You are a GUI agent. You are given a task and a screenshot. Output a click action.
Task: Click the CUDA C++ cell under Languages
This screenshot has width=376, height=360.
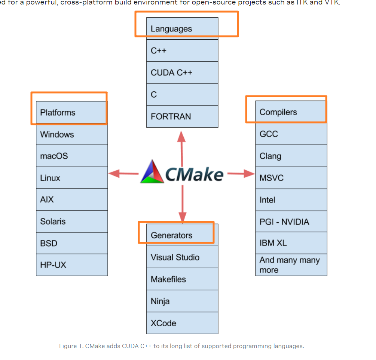point(182,73)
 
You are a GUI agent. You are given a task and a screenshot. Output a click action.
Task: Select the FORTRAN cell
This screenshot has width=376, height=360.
point(182,116)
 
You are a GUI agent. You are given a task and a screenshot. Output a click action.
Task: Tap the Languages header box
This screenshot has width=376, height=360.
point(182,28)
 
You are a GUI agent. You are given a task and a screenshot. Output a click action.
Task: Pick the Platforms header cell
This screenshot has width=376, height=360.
point(72,112)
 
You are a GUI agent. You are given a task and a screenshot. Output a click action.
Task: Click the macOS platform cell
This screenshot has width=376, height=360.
point(72,156)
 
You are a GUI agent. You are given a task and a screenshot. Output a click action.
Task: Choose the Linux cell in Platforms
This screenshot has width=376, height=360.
point(72,178)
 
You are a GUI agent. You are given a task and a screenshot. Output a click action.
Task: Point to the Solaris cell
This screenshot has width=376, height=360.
point(72,221)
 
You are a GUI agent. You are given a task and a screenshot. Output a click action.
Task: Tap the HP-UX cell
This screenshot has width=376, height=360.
point(72,265)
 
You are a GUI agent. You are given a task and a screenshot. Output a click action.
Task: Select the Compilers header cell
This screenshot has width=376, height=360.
point(291,112)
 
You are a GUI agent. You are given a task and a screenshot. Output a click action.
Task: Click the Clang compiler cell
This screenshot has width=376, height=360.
point(291,156)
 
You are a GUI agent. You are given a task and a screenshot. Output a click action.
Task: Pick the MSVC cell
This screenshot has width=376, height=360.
point(291,178)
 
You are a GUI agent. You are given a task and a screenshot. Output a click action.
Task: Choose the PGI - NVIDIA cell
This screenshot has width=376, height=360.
point(291,222)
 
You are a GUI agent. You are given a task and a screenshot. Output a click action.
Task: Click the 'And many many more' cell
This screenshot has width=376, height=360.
point(291,265)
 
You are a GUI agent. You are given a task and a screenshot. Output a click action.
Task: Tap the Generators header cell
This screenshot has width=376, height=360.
point(182,235)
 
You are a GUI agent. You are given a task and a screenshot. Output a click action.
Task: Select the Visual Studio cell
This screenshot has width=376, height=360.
point(182,257)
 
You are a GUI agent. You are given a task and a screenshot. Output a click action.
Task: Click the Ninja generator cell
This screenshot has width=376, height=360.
point(182,301)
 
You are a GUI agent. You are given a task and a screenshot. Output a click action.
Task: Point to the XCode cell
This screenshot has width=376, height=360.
point(182,323)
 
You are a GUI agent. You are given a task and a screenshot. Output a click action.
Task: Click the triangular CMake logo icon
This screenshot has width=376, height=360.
point(152,173)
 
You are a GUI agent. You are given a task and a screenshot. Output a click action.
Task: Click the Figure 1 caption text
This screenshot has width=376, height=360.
point(181,346)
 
